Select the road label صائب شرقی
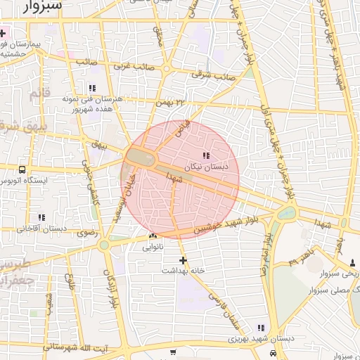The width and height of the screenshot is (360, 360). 217,74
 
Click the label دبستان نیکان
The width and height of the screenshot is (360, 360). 202,168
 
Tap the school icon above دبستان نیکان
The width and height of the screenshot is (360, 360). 205,155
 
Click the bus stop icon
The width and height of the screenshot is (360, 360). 22,169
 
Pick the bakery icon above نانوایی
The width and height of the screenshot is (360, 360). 153,236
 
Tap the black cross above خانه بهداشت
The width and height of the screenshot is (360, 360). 184,260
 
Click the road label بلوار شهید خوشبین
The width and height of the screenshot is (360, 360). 232,224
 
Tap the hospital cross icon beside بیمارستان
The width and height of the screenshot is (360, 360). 4,33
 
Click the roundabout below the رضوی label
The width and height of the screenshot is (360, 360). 105,245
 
